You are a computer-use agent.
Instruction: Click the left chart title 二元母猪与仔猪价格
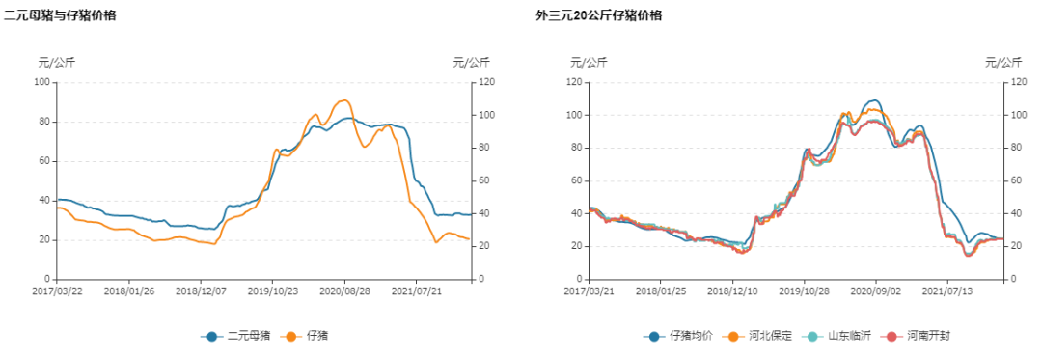tap(60, 15)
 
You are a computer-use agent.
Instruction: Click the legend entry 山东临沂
tap(841, 336)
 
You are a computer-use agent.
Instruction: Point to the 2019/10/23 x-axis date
tap(272, 290)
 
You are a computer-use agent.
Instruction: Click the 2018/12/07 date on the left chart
tap(201, 290)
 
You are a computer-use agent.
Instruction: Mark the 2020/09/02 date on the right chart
tap(877, 290)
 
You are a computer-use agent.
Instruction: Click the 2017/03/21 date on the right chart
tap(588, 290)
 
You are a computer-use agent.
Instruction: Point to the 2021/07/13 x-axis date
tap(949, 290)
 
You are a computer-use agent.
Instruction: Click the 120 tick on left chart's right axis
tap(485, 82)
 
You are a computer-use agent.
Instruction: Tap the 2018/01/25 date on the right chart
tap(660, 290)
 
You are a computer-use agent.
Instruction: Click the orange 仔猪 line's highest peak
tap(343, 100)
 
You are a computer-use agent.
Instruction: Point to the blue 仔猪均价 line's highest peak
tap(873, 100)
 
